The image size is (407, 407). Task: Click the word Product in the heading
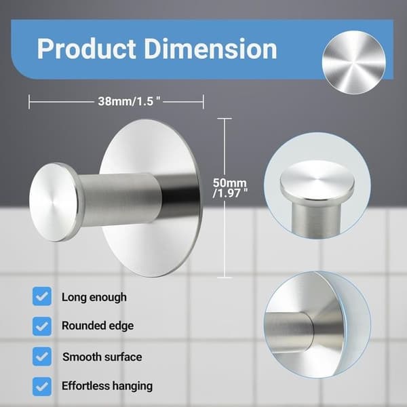pyautogui.click(x=86, y=49)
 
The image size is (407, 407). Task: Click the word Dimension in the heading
pyautogui.click(x=210, y=49)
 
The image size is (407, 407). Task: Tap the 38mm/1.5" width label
pyautogui.click(x=129, y=102)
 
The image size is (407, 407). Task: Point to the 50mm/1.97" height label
pyautogui.click(x=230, y=188)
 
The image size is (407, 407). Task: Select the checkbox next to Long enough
pyautogui.click(x=42, y=296)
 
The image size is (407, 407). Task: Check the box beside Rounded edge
pyautogui.click(x=42, y=326)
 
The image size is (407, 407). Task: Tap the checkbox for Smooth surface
pyautogui.click(x=42, y=356)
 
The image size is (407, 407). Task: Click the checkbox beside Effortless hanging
pyautogui.click(x=42, y=387)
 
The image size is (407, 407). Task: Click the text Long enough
pyautogui.click(x=94, y=297)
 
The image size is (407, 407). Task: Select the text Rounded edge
pyautogui.click(x=98, y=326)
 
